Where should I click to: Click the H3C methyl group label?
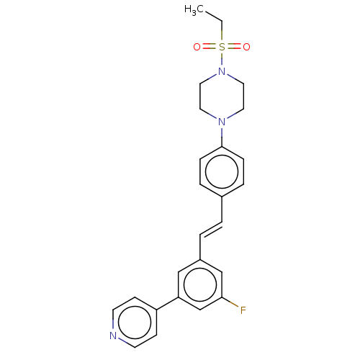(194, 10)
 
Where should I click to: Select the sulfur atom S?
(222, 47)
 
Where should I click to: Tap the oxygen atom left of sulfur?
(197, 47)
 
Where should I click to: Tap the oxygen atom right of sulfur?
(247, 47)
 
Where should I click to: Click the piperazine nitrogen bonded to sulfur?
(222, 71)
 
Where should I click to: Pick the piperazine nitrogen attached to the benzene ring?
(222, 122)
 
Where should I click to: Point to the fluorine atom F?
(243, 310)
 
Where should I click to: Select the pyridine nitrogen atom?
(113, 336)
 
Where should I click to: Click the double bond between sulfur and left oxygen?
(210, 47)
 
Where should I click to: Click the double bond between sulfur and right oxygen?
(234, 47)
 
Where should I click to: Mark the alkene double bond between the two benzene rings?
(211, 229)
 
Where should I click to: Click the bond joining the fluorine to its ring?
(230, 302)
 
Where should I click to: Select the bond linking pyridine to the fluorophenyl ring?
(168, 303)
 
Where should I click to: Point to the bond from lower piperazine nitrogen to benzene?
(222, 137)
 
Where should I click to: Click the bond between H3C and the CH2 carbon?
(213, 16)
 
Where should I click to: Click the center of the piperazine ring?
(222, 96)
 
